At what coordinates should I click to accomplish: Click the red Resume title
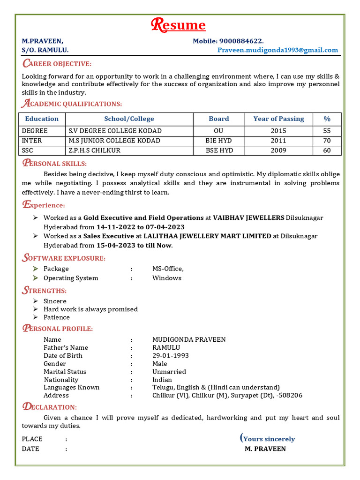point(178,25)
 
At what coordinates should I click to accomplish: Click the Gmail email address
point(277,50)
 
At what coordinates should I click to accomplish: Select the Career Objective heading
point(57,64)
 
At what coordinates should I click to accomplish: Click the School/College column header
point(129,119)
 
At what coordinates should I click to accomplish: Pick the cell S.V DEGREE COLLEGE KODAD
point(115,131)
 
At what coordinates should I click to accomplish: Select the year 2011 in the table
point(278,141)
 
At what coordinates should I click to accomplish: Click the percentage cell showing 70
point(327,141)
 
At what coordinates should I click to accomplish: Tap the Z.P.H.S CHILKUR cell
point(94,150)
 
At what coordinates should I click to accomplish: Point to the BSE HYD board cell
point(219,150)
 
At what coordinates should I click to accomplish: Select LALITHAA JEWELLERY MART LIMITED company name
point(207,236)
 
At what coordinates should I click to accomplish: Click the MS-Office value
point(168,269)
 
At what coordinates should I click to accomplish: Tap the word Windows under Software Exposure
point(166,278)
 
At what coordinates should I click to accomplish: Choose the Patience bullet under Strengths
point(56,317)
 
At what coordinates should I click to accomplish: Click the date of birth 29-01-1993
point(170,356)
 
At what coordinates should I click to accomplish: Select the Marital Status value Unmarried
point(169,372)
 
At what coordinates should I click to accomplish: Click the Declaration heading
point(49,407)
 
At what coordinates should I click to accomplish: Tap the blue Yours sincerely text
point(269,439)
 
